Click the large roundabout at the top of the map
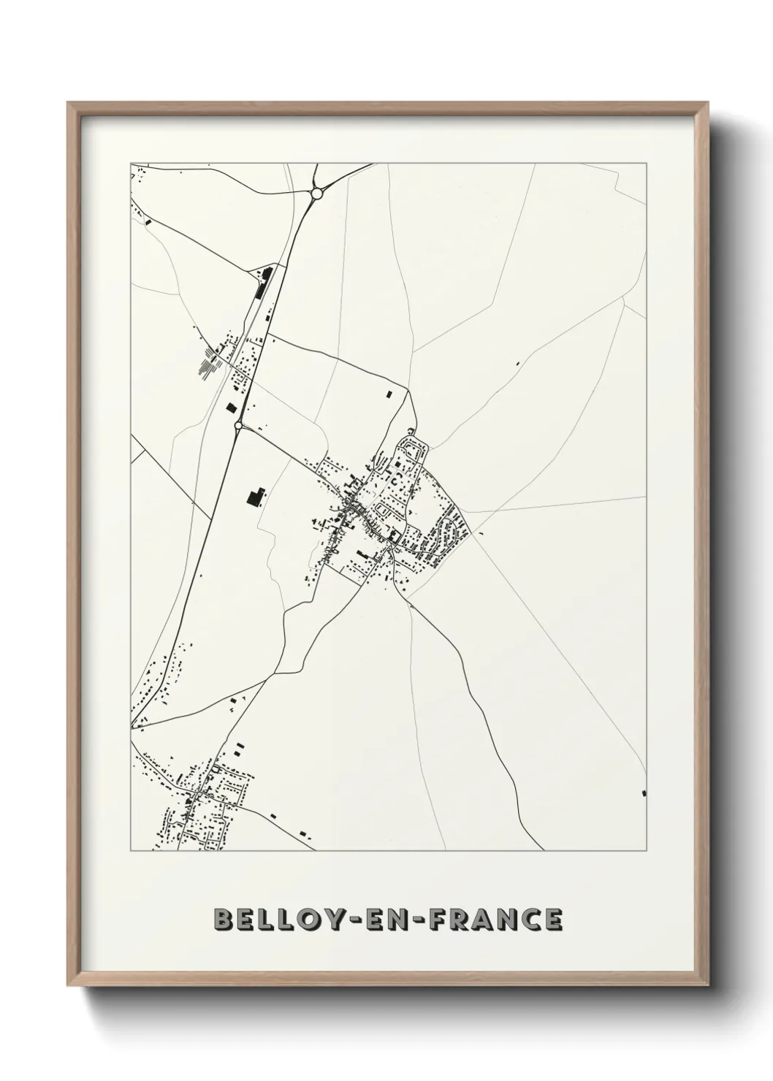(x=317, y=193)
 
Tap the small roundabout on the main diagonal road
(x=238, y=424)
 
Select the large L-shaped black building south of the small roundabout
(x=254, y=497)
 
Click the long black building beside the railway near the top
(x=261, y=283)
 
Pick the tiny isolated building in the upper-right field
(x=517, y=363)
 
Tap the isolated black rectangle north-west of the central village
(x=389, y=394)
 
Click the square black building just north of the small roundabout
(x=232, y=408)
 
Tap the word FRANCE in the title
(x=497, y=920)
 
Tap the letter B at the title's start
(x=220, y=920)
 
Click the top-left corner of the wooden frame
(x=68, y=103)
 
